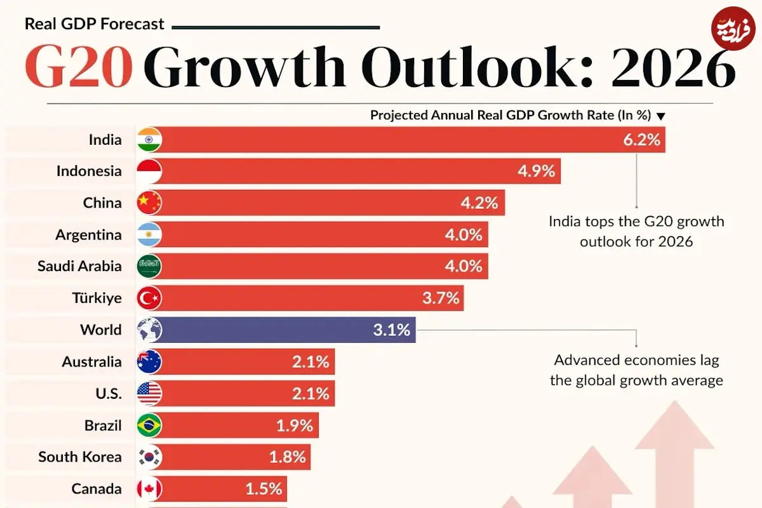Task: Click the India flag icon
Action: coord(150,140)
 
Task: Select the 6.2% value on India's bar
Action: coord(641,140)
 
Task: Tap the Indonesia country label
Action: coord(89,171)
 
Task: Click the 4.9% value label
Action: coord(536,171)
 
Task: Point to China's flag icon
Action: coord(150,203)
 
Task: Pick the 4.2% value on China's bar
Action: coord(480,203)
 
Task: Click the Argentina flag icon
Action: coord(150,235)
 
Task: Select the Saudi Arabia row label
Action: coord(79,267)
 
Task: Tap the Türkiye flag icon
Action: coord(150,298)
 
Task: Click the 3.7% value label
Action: coord(440,298)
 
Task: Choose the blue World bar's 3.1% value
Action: coord(391,330)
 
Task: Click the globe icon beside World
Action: coord(150,330)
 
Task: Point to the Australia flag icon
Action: coord(150,362)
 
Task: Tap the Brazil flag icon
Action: coord(150,425)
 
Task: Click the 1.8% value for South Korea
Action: coord(287,457)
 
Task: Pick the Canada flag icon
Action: coord(150,489)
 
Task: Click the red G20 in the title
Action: coord(79,66)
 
